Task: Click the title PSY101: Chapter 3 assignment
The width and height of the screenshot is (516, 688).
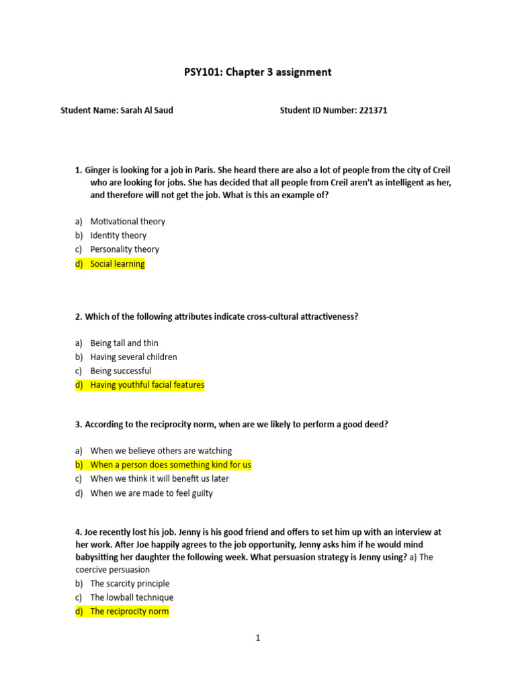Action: point(258,72)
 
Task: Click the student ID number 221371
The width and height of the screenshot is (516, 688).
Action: point(372,110)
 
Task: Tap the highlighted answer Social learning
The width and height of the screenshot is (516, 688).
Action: point(117,264)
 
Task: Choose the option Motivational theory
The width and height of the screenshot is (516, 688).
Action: point(128,221)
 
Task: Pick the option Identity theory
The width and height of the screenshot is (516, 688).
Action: point(118,235)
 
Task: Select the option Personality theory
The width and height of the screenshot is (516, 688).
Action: point(124,249)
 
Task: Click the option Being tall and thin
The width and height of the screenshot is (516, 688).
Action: point(124,343)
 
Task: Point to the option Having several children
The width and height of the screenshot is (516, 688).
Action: point(134,357)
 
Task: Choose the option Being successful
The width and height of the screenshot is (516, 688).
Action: point(121,371)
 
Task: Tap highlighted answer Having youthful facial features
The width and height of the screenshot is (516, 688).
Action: point(147,385)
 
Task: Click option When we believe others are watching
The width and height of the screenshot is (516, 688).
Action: point(161,450)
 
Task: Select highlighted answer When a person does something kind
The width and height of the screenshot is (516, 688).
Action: point(171,464)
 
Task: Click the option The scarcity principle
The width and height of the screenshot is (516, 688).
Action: point(130,583)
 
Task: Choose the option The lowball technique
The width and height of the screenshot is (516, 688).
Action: point(132,597)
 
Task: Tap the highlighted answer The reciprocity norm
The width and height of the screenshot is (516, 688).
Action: point(130,611)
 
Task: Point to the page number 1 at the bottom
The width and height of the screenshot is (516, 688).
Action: point(257,638)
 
